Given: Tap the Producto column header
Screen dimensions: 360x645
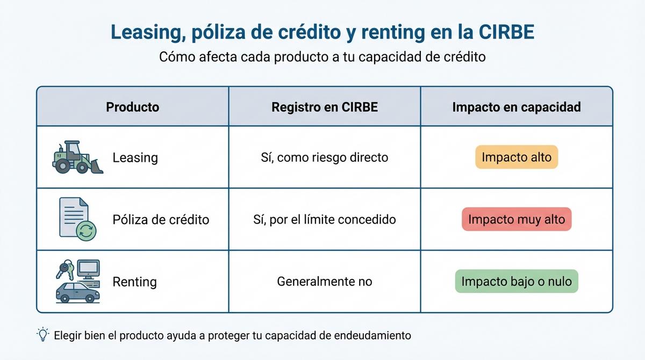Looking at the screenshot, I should click(x=132, y=107).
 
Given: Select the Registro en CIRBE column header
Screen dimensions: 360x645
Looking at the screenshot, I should click(x=325, y=107).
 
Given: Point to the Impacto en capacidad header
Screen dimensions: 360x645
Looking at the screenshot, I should click(x=517, y=107).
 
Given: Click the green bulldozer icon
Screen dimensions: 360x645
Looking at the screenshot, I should click(x=77, y=157).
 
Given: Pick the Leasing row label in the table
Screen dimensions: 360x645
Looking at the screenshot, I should click(x=135, y=158).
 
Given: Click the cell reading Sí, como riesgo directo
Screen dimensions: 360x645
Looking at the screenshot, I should click(x=325, y=157).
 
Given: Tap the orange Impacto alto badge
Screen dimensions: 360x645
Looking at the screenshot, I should click(x=517, y=157).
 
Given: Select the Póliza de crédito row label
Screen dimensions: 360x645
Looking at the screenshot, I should click(x=161, y=220).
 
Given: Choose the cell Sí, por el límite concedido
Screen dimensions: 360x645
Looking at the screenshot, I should click(x=325, y=219).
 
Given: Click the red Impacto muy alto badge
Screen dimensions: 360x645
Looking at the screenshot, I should click(x=517, y=219).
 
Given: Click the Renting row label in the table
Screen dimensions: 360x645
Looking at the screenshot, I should click(x=134, y=282).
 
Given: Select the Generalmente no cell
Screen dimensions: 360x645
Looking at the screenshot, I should click(x=325, y=281).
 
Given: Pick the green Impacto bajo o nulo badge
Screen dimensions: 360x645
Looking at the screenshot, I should click(x=517, y=281).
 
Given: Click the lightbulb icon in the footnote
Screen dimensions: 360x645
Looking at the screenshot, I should click(x=42, y=335).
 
